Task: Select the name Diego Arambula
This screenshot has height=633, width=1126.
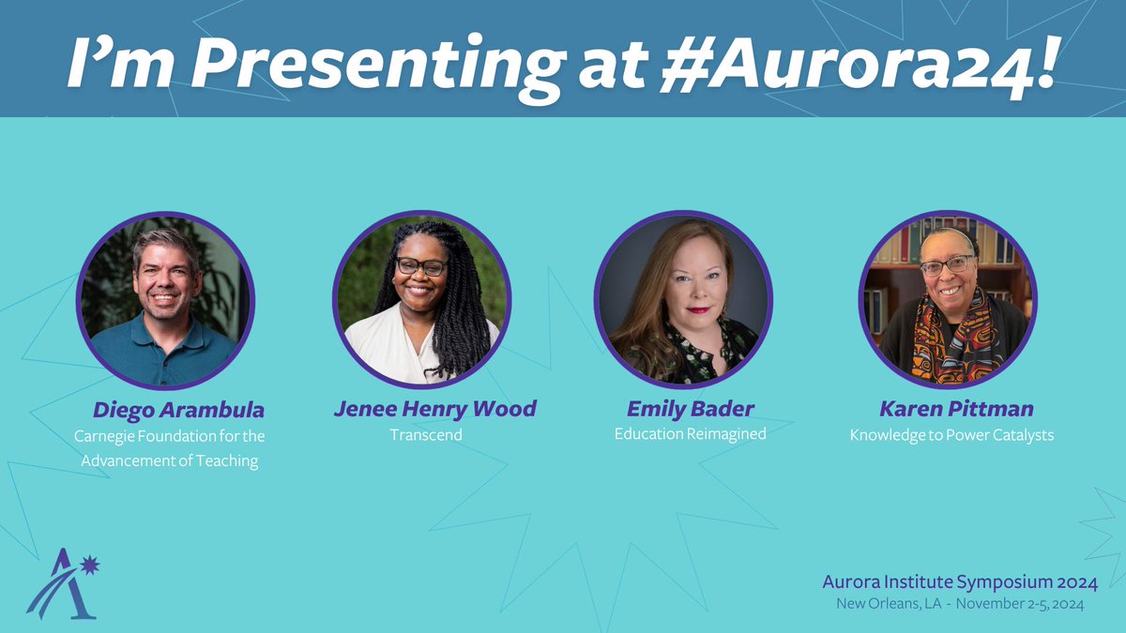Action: pos(178,410)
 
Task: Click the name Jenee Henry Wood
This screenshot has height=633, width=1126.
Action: pos(434,409)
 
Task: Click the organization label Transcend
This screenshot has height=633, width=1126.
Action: pos(425,435)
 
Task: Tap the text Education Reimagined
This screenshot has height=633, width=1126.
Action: pos(690,434)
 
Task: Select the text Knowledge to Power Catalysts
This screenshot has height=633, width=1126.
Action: pos(951,435)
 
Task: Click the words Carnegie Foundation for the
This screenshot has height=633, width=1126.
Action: pos(170,436)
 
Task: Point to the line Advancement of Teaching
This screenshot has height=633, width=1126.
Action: pos(169,460)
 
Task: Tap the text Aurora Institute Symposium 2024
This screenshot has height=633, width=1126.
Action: pos(959,584)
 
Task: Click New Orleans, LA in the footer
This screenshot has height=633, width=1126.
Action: pos(887,605)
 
